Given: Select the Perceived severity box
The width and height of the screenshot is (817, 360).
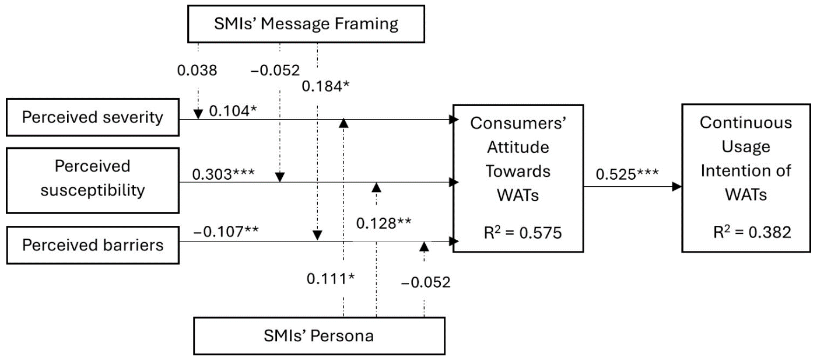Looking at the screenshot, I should click(92, 117).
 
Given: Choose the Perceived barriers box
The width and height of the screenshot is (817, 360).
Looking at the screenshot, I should click(92, 244).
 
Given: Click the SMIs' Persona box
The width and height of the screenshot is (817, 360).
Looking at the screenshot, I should click(319, 335).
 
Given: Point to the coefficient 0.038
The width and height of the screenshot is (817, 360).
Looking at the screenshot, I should click(197, 71).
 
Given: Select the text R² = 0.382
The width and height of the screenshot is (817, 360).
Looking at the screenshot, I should click(745, 232).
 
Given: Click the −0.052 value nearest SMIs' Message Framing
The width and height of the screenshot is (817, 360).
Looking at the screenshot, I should click(275, 71).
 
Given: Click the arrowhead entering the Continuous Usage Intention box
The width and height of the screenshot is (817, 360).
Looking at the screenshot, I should click(677, 187).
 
